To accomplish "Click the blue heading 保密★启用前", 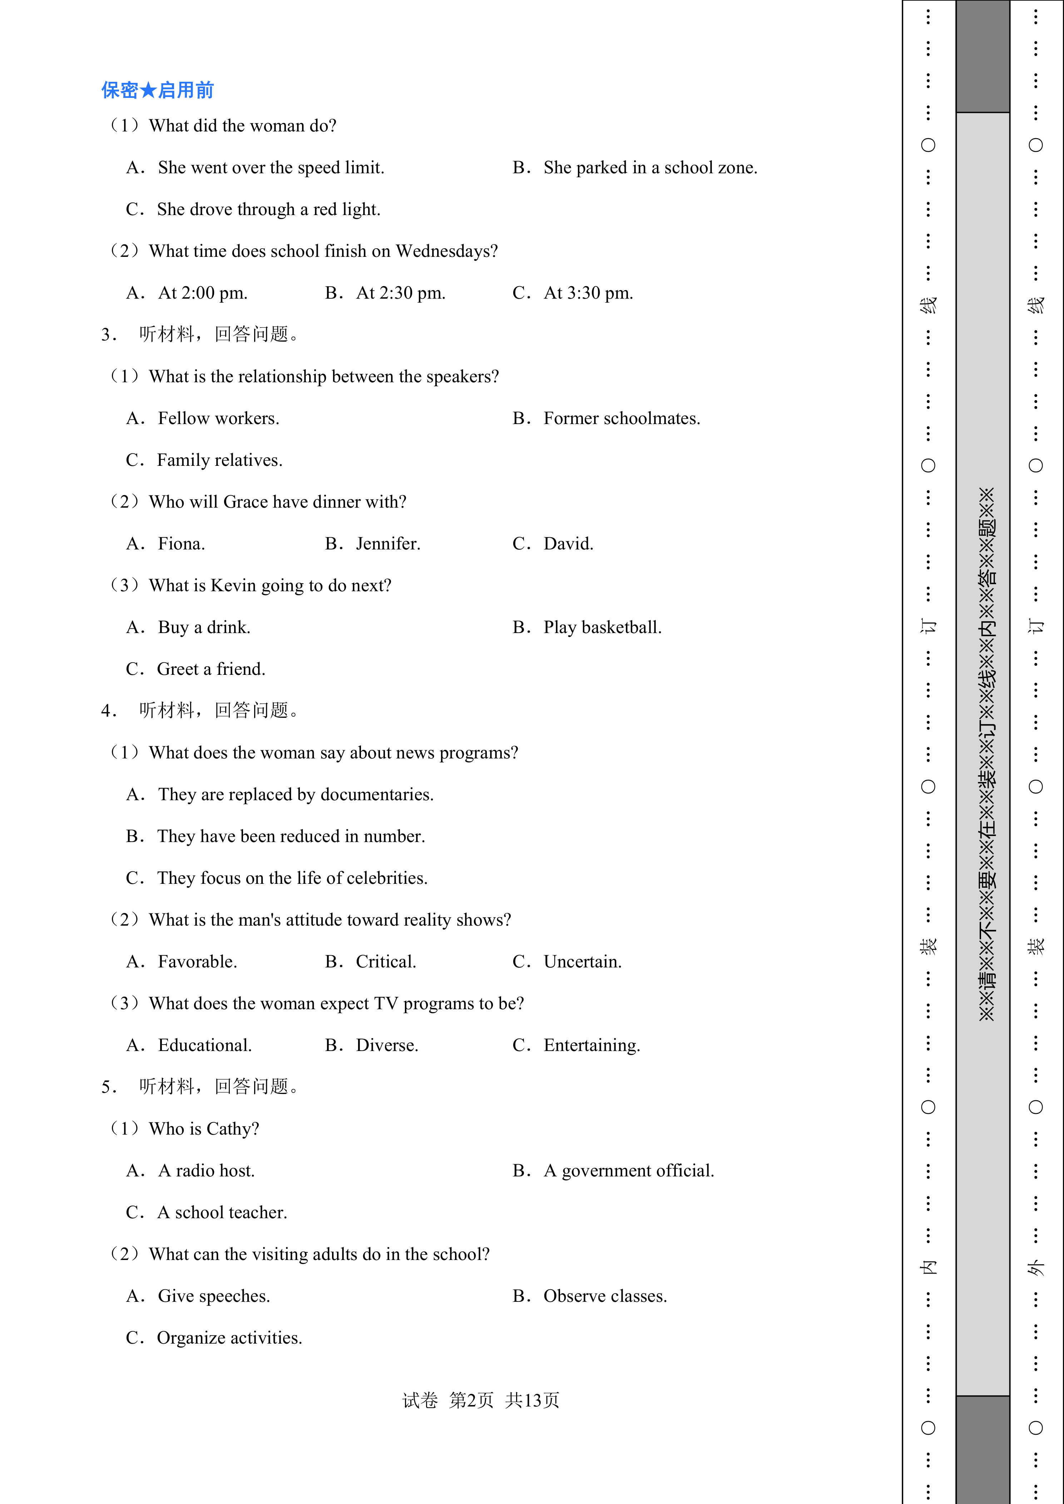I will pyautogui.click(x=157, y=90).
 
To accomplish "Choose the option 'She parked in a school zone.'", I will pyautogui.click(x=650, y=168).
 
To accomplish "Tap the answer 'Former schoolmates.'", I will pyautogui.click(x=621, y=419).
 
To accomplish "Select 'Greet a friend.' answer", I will pyautogui.click(x=211, y=669).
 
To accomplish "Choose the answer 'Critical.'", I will pyautogui.click(x=386, y=962).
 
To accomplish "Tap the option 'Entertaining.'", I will pyautogui.click(x=591, y=1045).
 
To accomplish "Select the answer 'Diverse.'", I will pyautogui.click(x=387, y=1045).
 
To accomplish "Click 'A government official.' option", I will pyautogui.click(x=628, y=1171).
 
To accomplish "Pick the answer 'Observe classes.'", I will pyautogui.click(x=605, y=1296).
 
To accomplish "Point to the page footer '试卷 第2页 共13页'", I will pyautogui.click(x=480, y=1400).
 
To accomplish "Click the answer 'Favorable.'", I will pyautogui.click(x=197, y=962).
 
